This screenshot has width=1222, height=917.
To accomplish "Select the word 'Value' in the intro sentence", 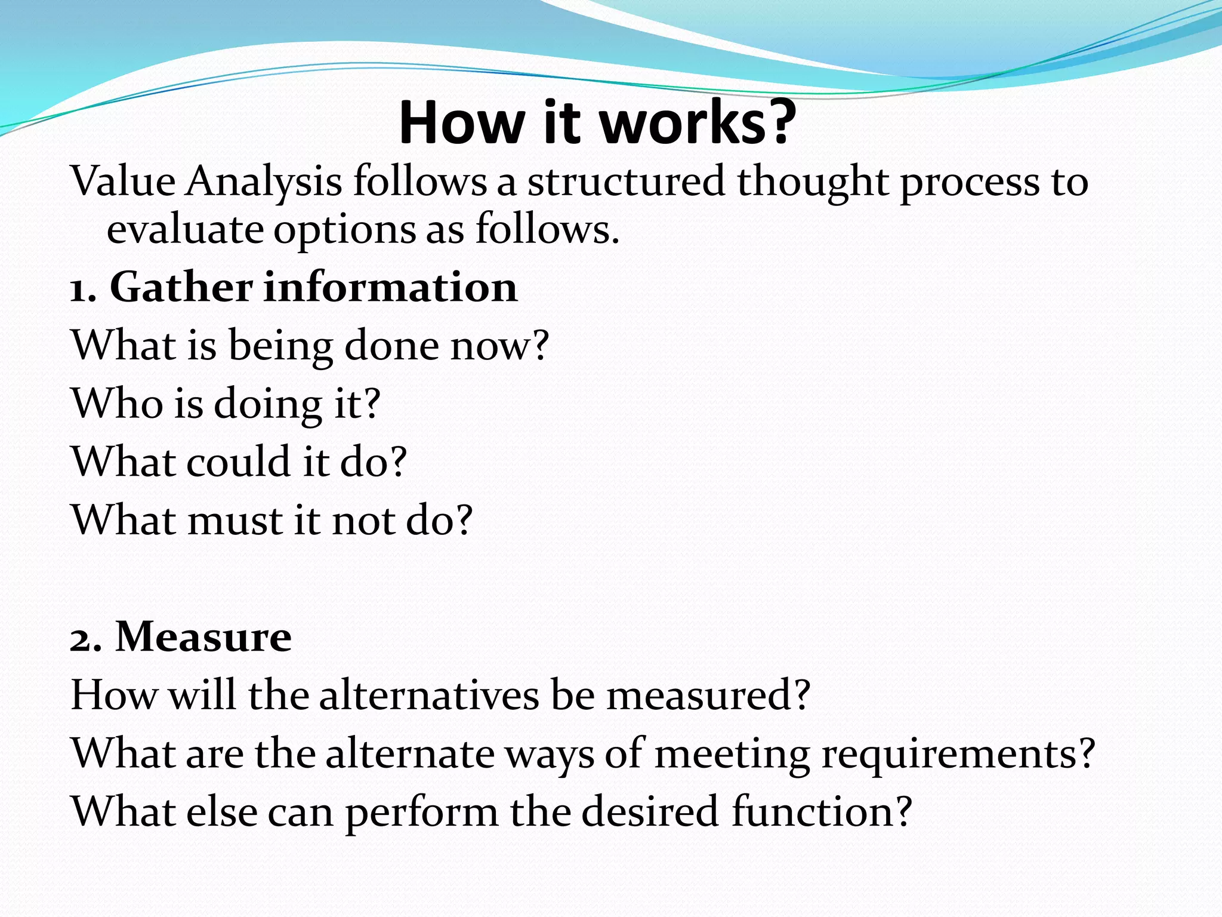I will (x=123, y=181).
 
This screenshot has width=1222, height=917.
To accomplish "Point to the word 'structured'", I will (x=625, y=181).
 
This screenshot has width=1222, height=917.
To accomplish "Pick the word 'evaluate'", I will (x=185, y=230).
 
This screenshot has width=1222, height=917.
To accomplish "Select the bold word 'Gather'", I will (x=181, y=288).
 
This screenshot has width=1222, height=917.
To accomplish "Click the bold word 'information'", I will (x=390, y=288).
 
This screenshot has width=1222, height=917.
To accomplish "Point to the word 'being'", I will (x=280, y=347).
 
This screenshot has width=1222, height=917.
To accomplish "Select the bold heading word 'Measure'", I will (x=203, y=637).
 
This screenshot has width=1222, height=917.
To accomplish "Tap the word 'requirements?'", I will (x=958, y=755).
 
